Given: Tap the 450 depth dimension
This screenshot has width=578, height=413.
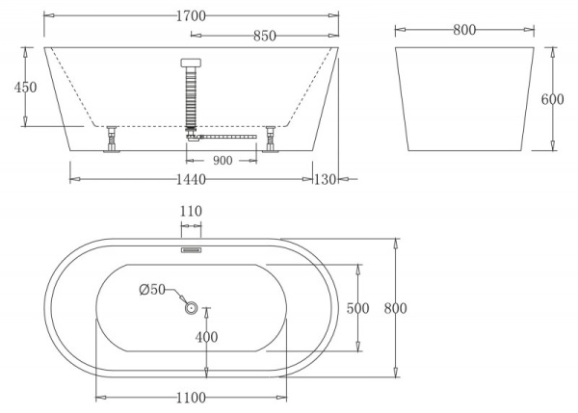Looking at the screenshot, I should (x=25, y=88).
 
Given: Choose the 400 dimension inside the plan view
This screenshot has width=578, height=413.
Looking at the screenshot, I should (x=206, y=337).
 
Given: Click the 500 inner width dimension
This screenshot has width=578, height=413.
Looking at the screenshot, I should (x=358, y=308).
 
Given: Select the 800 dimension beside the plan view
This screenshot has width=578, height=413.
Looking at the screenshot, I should (x=396, y=308).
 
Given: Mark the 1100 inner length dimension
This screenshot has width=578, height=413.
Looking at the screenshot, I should (x=191, y=396).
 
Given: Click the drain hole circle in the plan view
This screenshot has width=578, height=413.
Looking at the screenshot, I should (x=191, y=309).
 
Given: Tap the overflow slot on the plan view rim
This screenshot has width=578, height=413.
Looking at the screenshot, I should (x=191, y=246).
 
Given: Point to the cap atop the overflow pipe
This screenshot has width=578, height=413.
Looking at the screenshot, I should (x=191, y=64).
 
